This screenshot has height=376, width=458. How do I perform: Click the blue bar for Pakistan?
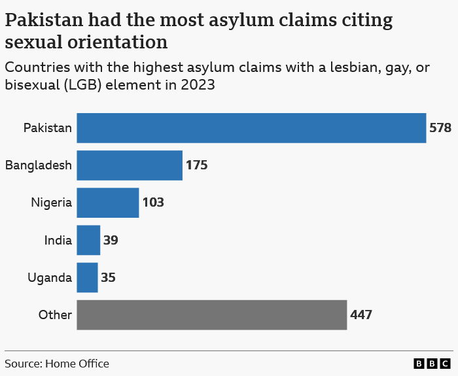251,128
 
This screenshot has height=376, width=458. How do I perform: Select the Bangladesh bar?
130,165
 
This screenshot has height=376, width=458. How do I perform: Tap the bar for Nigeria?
108,202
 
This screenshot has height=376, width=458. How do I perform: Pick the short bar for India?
88,240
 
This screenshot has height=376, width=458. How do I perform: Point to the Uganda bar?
87,277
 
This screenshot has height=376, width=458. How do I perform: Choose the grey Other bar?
211,315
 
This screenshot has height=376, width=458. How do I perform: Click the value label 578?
440,128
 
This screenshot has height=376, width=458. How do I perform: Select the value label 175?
196,165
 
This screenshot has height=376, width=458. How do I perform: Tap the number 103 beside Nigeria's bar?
153,202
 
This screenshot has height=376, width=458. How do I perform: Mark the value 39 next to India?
111,240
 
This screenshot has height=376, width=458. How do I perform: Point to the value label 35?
108,277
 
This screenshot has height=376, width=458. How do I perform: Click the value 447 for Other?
361,315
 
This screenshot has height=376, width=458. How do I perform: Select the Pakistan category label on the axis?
47,128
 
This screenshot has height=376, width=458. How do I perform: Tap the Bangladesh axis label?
38,165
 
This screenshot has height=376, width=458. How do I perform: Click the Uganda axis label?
50,277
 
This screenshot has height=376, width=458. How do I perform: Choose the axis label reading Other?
55,315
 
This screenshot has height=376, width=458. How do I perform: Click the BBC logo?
432,364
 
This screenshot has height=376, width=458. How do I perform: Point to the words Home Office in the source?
77,364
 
